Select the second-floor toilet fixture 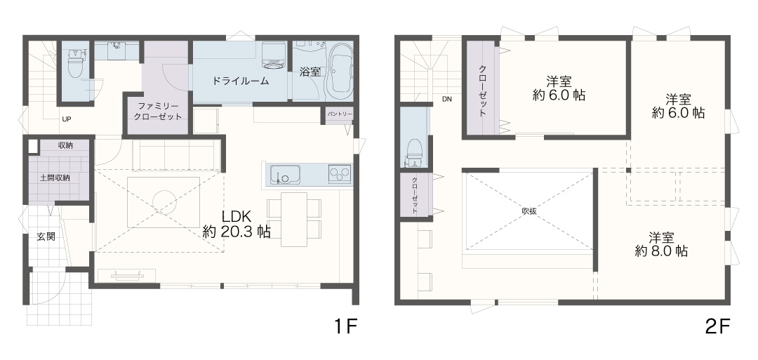(414, 149)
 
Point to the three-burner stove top (340, 173)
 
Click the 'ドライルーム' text (240, 81)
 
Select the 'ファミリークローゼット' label (159, 112)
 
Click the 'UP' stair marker (66, 119)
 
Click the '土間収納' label (55, 178)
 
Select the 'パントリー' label (340, 114)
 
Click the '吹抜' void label (529, 211)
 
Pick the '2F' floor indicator (717, 328)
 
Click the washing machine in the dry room (273, 55)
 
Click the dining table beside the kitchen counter (294, 220)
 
